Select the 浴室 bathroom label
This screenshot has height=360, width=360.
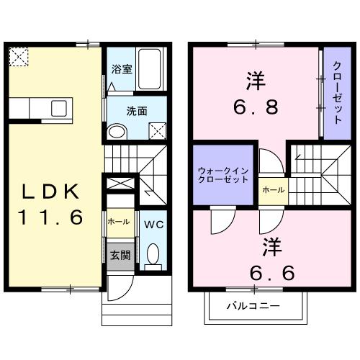click(x=121, y=70)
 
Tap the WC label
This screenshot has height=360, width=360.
click(x=152, y=223)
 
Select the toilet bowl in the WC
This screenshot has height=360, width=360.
click(x=152, y=254)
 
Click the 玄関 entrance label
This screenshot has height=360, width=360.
click(x=120, y=255)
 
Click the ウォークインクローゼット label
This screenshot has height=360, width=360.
click(x=223, y=175)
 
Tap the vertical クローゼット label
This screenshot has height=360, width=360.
click(x=336, y=94)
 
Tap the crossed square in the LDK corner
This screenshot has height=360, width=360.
click(x=19, y=56)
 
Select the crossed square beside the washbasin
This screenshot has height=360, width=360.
click(x=158, y=131)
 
